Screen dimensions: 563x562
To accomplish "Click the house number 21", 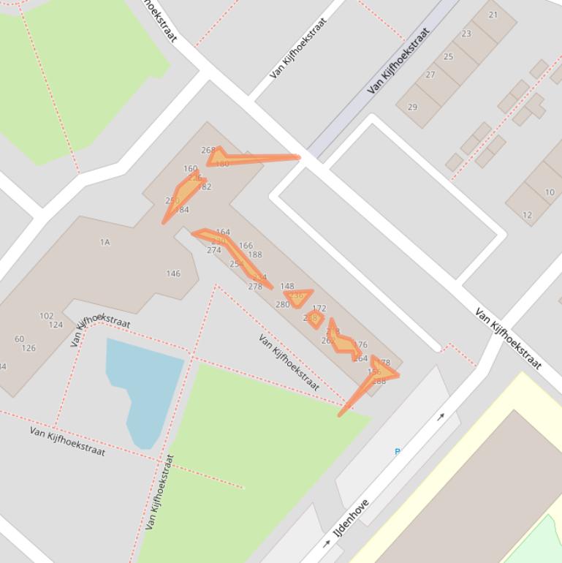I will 493,15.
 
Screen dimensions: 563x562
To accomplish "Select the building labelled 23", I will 466,34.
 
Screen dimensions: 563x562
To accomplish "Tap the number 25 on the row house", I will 448,56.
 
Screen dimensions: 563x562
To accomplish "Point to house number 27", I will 430,75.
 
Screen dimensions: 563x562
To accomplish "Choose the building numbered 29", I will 412,107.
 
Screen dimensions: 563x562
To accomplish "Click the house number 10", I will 550,192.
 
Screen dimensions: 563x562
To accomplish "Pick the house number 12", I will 527,215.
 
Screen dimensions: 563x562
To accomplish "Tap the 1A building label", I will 105,242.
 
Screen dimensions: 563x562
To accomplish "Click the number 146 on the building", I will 173,273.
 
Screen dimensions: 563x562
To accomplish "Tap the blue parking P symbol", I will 398,451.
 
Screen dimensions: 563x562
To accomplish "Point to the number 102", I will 46,316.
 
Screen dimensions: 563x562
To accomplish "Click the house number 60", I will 19,339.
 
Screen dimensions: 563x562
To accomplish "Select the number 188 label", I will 254,255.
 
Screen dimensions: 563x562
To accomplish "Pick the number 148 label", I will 287,287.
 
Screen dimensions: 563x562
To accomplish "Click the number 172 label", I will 319,309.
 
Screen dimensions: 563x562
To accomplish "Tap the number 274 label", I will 213,250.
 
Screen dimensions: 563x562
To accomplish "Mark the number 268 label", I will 208,151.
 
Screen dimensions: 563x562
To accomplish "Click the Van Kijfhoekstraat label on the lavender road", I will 398,61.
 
